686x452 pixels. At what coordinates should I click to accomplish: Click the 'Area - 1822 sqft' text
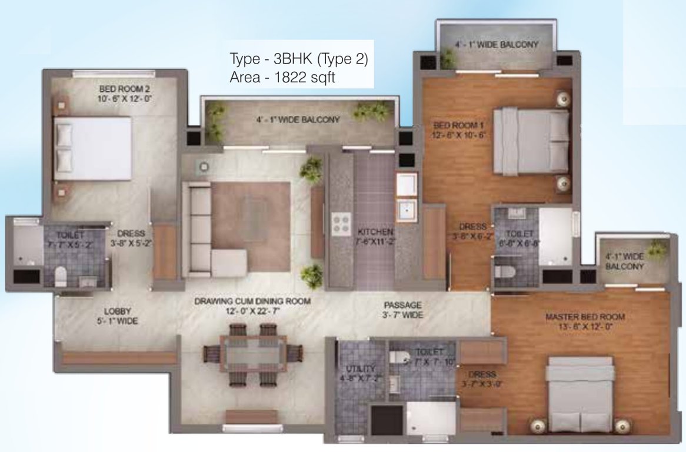pyautogui.click(x=283, y=78)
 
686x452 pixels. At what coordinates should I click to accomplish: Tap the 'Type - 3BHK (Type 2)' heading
pyautogui.click(x=299, y=59)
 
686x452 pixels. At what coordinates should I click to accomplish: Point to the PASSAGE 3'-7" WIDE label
pyautogui.click(x=402, y=310)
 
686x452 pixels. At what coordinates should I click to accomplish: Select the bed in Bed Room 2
pyautogui.click(x=92, y=149)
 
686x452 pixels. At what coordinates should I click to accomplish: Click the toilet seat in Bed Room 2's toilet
pyautogui.click(x=60, y=276)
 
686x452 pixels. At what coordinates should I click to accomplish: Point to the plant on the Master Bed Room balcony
pyautogui.click(x=657, y=250)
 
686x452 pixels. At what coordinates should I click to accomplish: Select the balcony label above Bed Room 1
pyautogui.click(x=497, y=45)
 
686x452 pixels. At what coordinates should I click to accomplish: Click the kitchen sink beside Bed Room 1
pyautogui.click(x=407, y=210)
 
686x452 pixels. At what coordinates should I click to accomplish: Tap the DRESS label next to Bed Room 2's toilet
pyautogui.click(x=131, y=237)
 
